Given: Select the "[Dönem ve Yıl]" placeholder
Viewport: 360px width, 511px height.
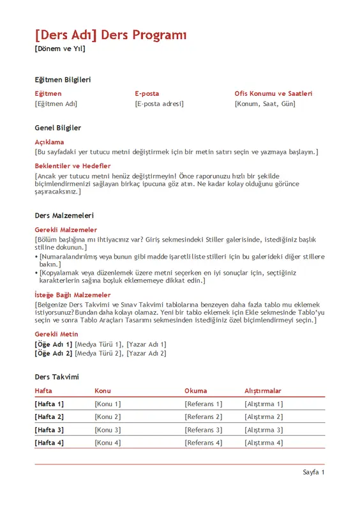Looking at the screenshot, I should click(x=59, y=49).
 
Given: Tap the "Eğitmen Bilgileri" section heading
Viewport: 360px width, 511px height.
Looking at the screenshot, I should click(x=63, y=80).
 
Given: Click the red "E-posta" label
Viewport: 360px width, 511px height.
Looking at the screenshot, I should click(x=147, y=93).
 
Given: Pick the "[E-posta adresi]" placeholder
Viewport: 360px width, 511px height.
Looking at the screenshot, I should click(x=159, y=103).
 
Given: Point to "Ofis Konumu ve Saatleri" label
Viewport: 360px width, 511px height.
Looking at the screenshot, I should click(x=273, y=93).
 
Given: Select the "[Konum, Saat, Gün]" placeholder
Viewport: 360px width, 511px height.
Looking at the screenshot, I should click(x=265, y=103).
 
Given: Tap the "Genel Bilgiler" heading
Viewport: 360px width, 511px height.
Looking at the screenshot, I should click(x=57, y=128).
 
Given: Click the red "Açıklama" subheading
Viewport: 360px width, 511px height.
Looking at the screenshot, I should click(x=49, y=142).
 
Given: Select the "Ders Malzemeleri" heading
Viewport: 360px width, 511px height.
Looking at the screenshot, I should click(x=64, y=216).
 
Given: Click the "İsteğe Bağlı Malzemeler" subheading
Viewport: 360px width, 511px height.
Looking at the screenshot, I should click(x=72, y=295).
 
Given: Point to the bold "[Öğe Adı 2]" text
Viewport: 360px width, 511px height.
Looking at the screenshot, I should click(x=54, y=353).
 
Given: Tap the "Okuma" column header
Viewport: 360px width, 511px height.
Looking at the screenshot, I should click(x=195, y=391).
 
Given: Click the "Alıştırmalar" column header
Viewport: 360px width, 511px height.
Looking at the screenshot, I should click(x=262, y=391).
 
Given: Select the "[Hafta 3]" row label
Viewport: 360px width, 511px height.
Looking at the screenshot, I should click(x=49, y=430).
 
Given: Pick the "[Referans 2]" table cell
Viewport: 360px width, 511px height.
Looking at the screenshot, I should click(x=203, y=417).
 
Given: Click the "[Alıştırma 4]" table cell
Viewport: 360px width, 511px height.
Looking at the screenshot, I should click(x=263, y=443).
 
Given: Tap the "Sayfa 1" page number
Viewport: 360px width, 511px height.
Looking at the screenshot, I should click(x=313, y=473).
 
